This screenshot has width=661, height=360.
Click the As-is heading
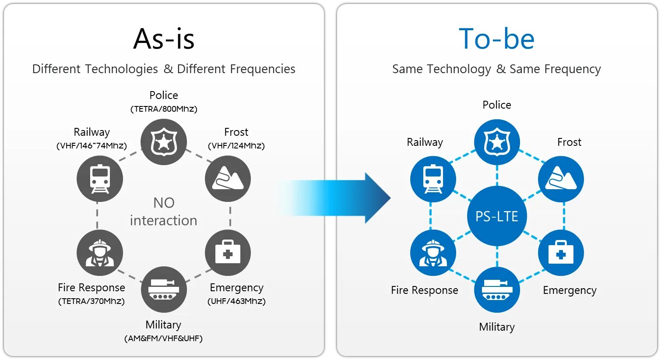pos(164,39)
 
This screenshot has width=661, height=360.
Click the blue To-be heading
pos(496,39)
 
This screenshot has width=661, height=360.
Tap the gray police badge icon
pos(164,142)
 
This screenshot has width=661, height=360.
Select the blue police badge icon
pos(497,142)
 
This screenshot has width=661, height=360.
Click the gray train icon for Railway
pos(100,179)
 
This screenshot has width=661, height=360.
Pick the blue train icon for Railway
pos(433,179)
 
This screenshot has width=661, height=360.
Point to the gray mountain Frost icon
pos(228,179)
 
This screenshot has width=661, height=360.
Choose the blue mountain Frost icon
pos(561,179)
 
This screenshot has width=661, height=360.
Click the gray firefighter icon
pos(100,253)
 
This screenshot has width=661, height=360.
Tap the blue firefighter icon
pos(433,253)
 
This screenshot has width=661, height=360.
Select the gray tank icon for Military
pos(164,289)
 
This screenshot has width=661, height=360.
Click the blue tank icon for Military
pos(497,289)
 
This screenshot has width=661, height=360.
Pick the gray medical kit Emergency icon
pos(228,253)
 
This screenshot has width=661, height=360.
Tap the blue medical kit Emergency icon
pos(561,253)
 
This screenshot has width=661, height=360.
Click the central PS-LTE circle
pos(497,216)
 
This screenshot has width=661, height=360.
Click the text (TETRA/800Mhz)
pos(164,109)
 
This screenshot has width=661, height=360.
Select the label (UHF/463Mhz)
pos(236,301)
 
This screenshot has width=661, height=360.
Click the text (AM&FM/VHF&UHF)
pos(163,339)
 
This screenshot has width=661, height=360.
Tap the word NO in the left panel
pos(164,203)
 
